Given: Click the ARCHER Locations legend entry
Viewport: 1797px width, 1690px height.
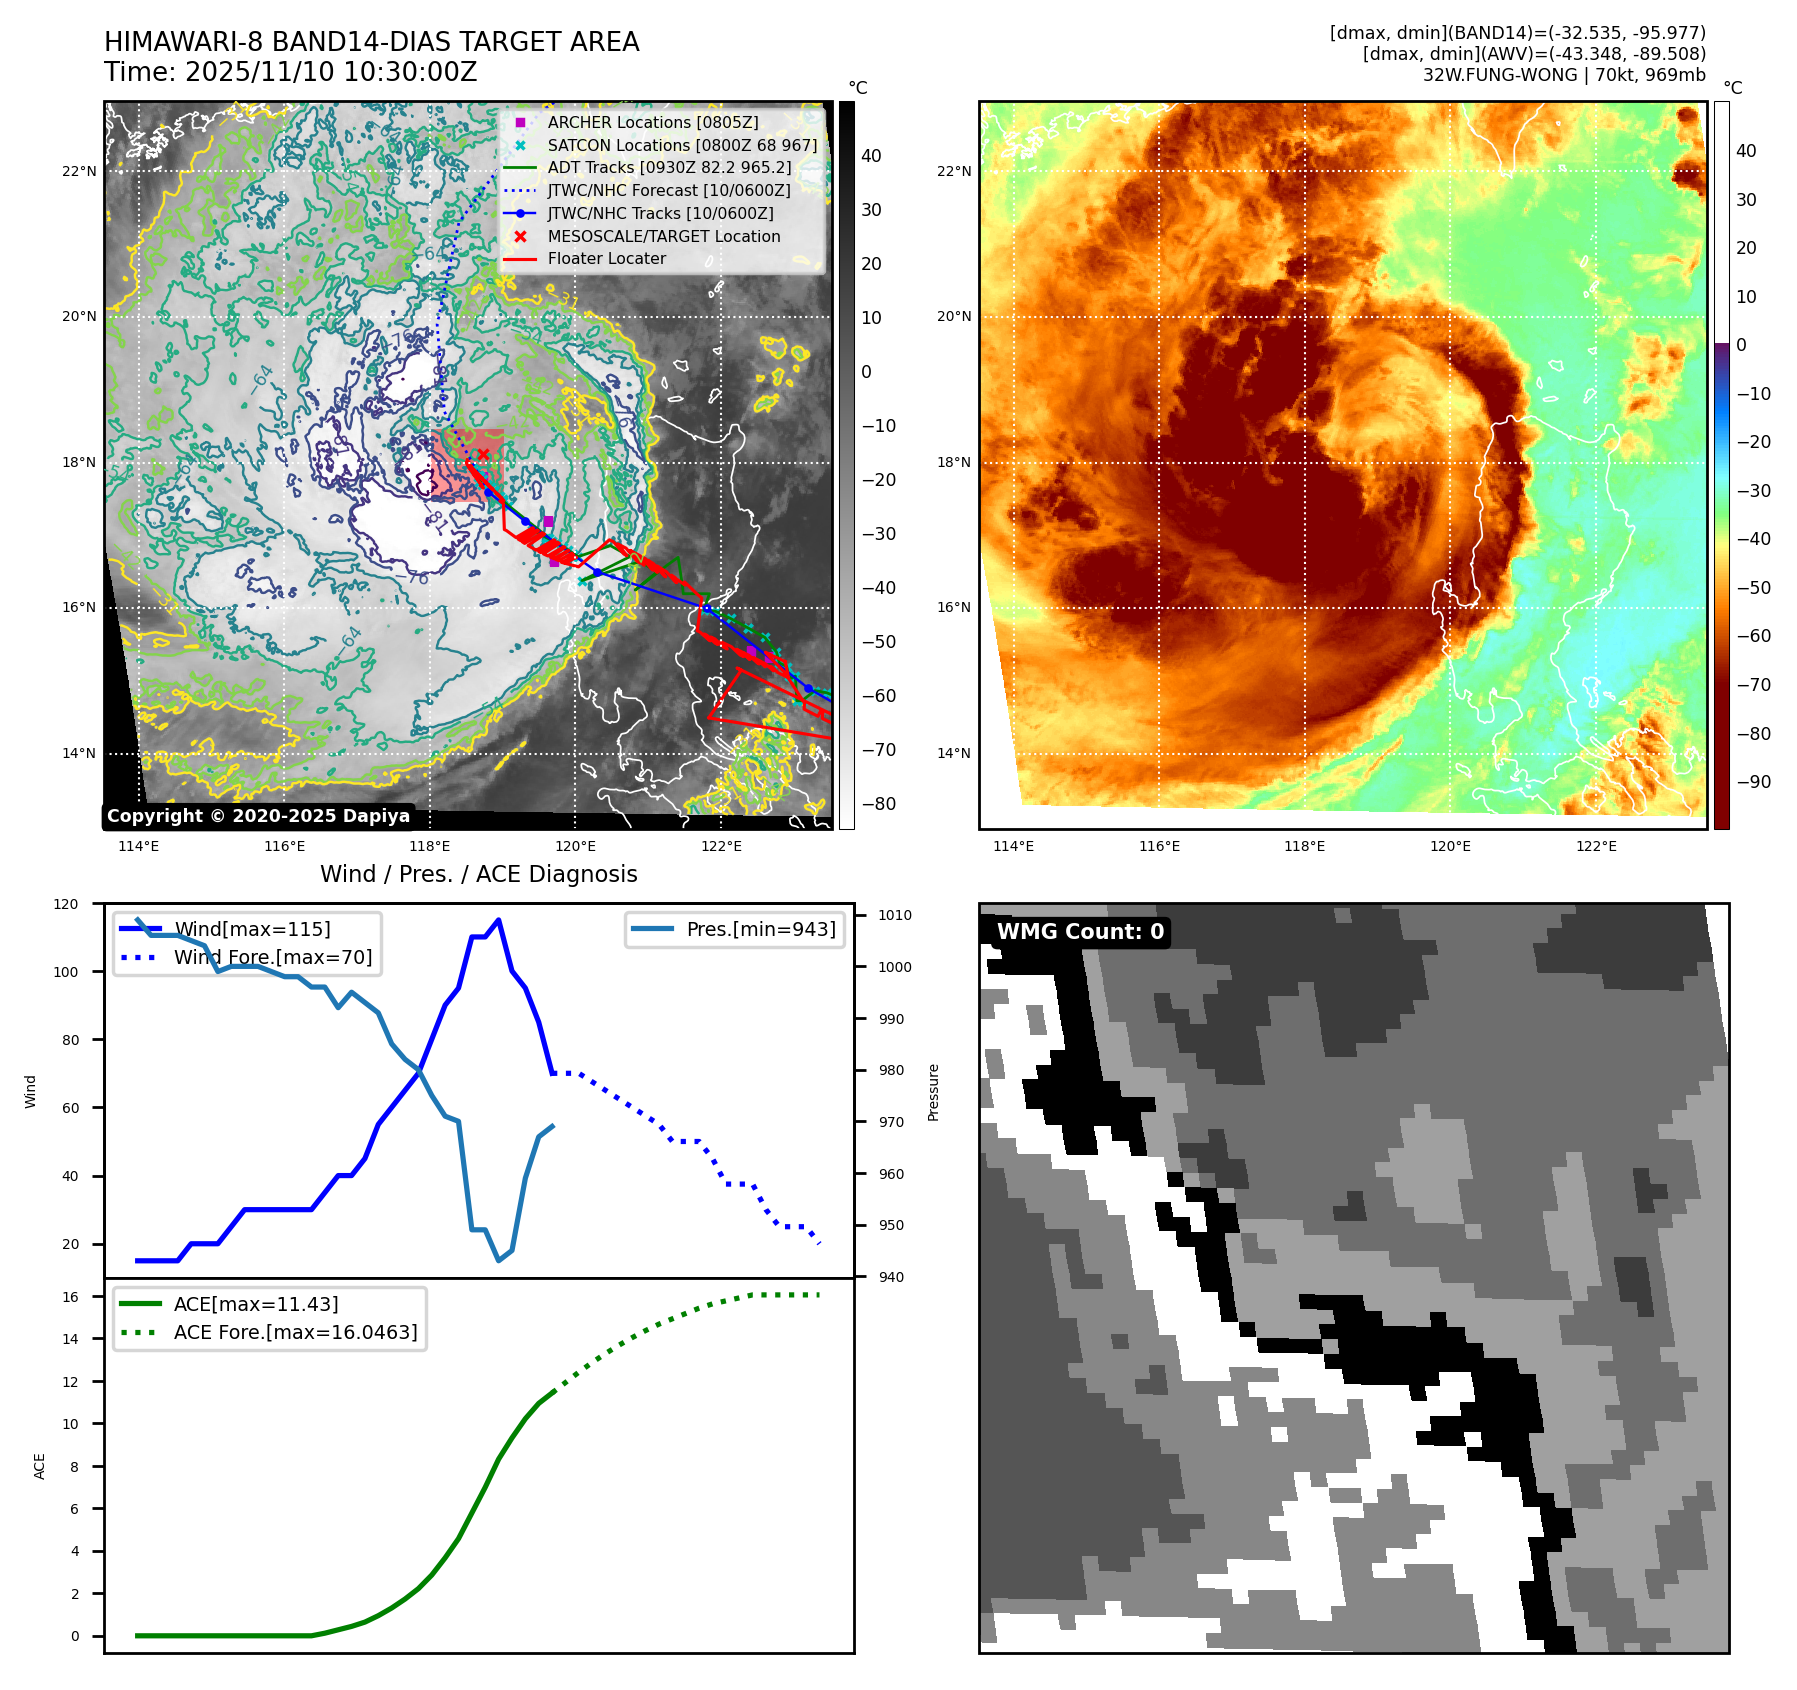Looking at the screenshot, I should [652, 122].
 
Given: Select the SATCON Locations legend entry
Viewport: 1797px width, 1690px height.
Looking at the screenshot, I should [681, 145].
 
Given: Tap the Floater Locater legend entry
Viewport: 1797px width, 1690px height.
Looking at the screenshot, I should [606, 258].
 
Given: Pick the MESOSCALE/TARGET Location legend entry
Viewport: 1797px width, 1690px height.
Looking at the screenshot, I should [663, 236].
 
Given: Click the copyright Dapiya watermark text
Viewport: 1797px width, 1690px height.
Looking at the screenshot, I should [258, 816].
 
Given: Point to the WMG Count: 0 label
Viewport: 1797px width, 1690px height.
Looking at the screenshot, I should [1080, 932].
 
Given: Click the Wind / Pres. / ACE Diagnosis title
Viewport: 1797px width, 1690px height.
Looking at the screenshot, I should [478, 874].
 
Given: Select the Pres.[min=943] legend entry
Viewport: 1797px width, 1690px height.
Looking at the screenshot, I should [760, 929].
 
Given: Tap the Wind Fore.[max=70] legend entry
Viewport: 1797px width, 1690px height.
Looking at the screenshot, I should [272, 957].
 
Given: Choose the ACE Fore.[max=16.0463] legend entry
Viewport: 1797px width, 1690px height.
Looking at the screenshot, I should [295, 1332].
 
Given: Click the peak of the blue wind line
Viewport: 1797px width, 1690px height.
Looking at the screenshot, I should [498, 920].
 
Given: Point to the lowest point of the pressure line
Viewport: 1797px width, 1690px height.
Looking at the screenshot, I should [498, 1260].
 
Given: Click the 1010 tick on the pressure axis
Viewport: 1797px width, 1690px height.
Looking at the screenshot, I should [895, 915].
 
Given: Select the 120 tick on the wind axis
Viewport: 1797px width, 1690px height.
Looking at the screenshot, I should [66, 904].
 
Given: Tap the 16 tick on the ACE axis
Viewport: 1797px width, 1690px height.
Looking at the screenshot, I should [71, 1297].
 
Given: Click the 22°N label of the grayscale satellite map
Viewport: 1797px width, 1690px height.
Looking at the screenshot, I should [79, 171].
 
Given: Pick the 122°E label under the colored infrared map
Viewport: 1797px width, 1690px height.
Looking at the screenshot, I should [1596, 846].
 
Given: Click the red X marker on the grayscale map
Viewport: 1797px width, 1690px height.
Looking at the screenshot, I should [483, 454].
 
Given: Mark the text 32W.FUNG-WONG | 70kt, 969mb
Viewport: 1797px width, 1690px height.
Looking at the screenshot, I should [1564, 75].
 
